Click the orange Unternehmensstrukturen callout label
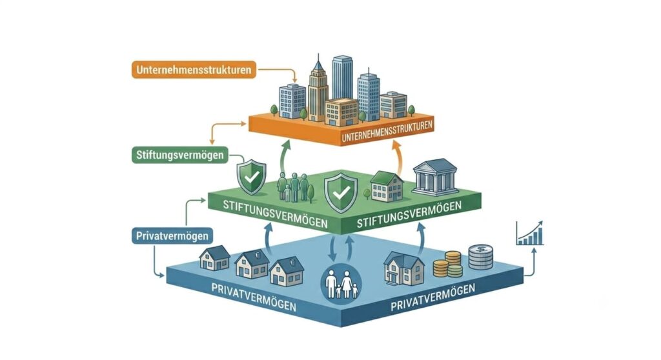coord(194,70)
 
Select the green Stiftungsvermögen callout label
coord(180,155)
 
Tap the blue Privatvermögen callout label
coord(172,235)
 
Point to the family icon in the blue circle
coord(341,284)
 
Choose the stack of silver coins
coord(480,257)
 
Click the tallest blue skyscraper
coord(342,78)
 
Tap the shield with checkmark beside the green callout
coord(252,177)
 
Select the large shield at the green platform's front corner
coord(341,192)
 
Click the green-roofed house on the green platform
coord(387,186)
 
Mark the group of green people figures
coord(294,186)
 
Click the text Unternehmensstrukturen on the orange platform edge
coord(387,131)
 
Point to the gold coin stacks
coord(448,264)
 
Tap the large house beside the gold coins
coord(404,268)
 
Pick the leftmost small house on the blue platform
coord(214,257)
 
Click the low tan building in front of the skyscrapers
coord(341,112)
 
